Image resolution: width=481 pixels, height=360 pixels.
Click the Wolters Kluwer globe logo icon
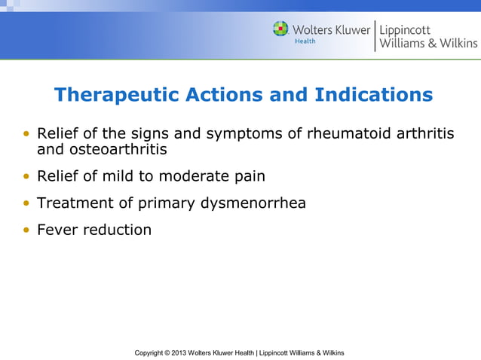(x=280, y=29)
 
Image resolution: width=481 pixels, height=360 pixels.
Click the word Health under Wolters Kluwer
(x=305, y=41)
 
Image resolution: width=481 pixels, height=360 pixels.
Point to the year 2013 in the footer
(x=179, y=352)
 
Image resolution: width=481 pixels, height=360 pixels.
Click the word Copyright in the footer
(x=150, y=352)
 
